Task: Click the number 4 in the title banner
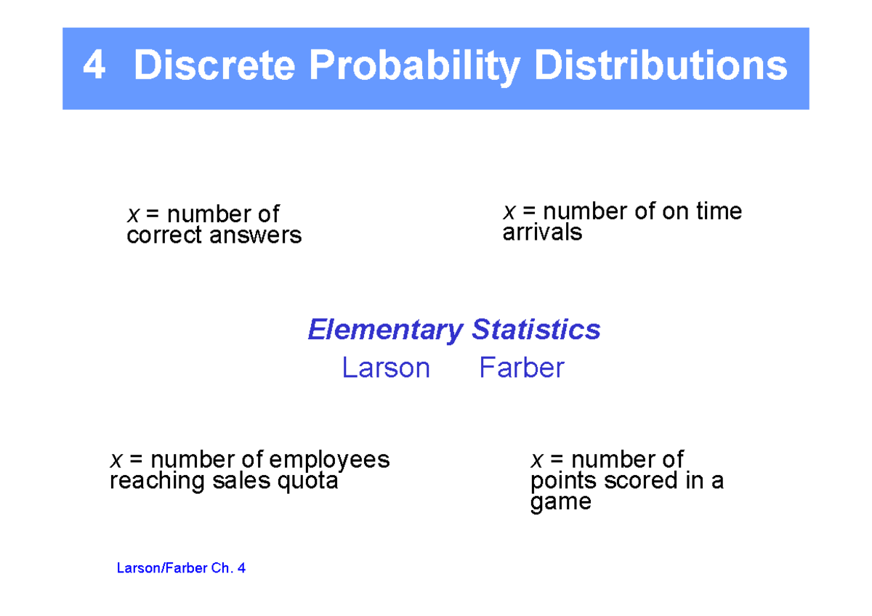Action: pyautogui.click(x=94, y=67)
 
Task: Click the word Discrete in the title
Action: pyautogui.click(x=214, y=67)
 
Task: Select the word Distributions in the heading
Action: pyautogui.click(x=661, y=67)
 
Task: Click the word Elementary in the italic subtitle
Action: pyautogui.click(x=385, y=330)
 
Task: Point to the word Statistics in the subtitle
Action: pyautogui.click(x=536, y=330)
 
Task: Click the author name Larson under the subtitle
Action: pyautogui.click(x=386, y=368)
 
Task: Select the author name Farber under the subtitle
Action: pyautogui.click(x=521, y=368)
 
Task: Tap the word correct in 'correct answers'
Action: pyautogui.click(x=165, y=235)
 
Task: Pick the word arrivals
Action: pyautogui.click(x=542, y=232)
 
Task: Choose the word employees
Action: pyautogui.click(x=329, y=460)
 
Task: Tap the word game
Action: pyautogui.click(x=560, y=503)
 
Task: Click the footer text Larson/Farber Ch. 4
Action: pyautogui.click(x=181, y=568)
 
